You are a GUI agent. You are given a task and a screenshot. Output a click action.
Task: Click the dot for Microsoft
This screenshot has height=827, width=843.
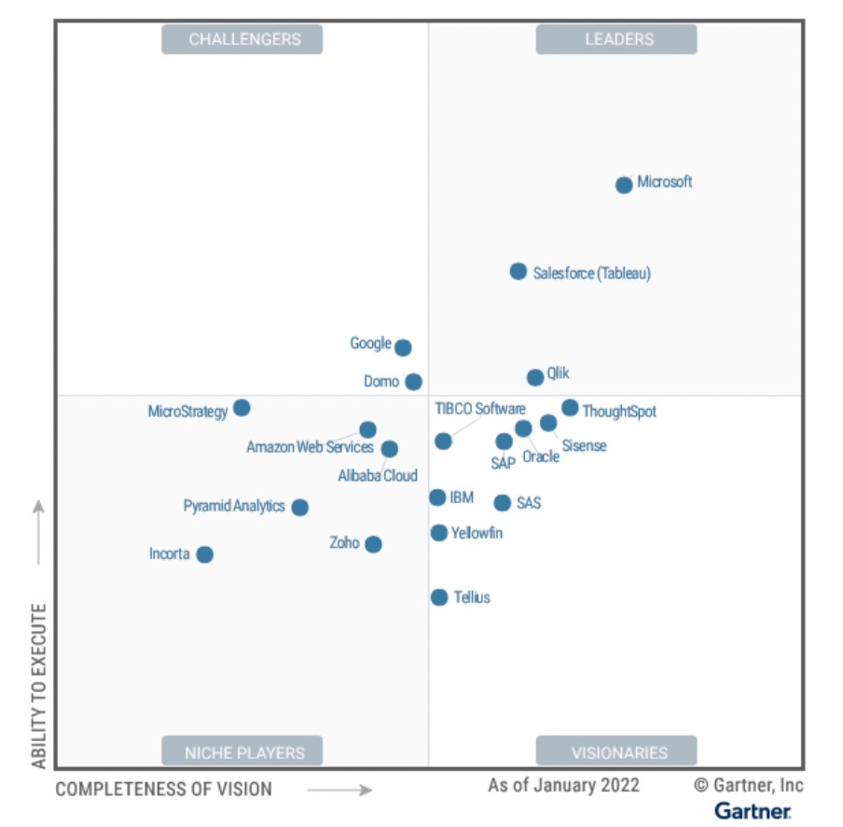tap(624, 185)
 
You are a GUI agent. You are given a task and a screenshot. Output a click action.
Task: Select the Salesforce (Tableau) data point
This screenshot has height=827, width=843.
tap(518, 272)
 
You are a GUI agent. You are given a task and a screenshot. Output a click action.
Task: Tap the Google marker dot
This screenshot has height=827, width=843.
tap(403, 347)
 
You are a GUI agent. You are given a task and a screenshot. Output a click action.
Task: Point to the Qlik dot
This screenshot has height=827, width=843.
tap(535, 377)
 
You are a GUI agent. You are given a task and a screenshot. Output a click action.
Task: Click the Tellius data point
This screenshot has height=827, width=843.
tap(439, 597)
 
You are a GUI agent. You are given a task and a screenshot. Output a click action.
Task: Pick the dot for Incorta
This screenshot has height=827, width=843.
tap(205, 554)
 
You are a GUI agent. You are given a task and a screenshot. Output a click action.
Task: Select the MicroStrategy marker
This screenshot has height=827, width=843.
tap(242, 408)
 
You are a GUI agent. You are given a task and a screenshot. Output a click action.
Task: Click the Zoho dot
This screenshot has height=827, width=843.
tap(373, 544)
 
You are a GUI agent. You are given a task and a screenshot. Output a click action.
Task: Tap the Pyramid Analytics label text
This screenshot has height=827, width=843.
tap(234, 506)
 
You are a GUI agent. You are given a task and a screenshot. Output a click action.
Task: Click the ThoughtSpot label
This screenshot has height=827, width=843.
tap(619, 412)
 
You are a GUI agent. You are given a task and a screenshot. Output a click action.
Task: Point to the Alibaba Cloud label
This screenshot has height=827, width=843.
tap(378, 476)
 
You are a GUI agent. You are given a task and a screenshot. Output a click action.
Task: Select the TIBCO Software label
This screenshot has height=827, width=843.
tap(480, 409)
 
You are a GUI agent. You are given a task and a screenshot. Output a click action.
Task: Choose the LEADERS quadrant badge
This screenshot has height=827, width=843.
tap(616, 39)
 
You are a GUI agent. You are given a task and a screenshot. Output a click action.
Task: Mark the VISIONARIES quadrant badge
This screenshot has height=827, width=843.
tap(616, 751)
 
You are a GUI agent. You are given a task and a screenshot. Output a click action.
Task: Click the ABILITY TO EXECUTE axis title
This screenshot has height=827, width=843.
tap(39, 686)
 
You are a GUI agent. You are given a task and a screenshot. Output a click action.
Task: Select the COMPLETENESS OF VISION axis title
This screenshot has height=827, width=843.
tap(164, 790)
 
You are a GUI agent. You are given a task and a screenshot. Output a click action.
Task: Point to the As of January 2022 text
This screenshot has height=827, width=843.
tap(563, 785)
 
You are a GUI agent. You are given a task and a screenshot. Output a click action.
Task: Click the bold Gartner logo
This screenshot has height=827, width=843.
tap(753, 810)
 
